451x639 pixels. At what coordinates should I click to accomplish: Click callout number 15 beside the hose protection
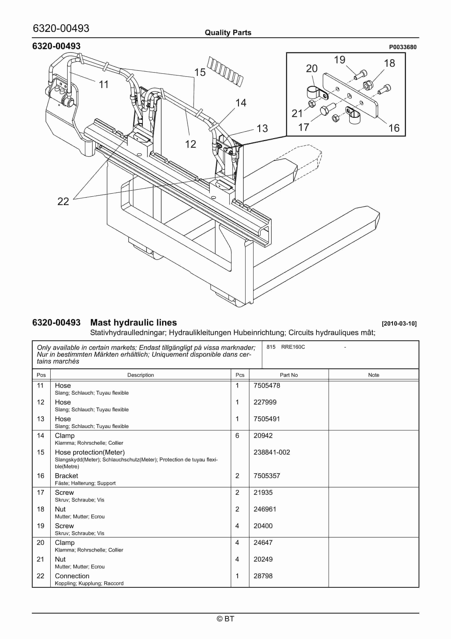(x=200, y=72)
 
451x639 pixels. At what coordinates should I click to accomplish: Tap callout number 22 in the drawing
(x=63, y=201)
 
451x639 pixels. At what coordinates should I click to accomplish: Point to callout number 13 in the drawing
(x=262, y=129)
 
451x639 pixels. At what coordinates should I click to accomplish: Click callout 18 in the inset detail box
(x=389, y=63)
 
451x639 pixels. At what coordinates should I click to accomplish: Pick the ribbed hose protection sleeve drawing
(x=225, y=71)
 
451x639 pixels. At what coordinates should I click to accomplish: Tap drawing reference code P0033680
(x=402, y=47)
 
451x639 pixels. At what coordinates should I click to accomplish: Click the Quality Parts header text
(x=228, y=33)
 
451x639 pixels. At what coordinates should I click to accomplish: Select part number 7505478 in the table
(x=267, y=386)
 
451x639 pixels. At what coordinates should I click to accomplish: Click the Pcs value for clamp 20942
(x=237, y=436)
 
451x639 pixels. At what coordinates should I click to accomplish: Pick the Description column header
(x=140, y=375)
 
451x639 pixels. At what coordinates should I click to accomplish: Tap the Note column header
(x=373, y=375)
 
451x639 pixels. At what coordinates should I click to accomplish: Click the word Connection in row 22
(x=72, y=576)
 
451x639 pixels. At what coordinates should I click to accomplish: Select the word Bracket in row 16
(x=67, y=476)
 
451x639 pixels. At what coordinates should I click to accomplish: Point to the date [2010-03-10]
(x=399, y=323)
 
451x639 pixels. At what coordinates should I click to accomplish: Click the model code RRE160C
(x=293, y=347)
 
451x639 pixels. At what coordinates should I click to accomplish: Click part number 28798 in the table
(x=263, y=576)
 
